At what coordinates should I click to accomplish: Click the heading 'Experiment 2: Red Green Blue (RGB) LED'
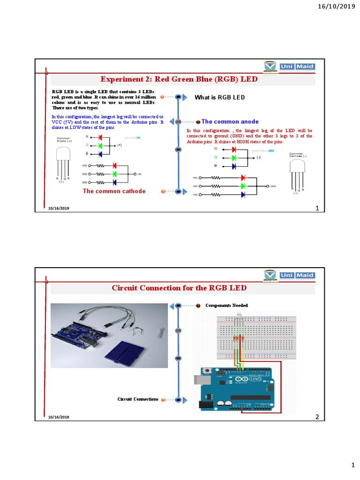[180, 79]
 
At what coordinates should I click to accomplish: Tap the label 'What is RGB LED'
[220, 97]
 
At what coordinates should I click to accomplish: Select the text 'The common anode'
[230, 121]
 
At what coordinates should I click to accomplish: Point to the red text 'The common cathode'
[114, 191]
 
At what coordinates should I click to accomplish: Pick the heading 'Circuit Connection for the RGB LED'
[180, 287]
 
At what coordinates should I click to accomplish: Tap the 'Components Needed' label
[226, 305]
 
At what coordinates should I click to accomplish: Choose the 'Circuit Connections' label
[138, 399]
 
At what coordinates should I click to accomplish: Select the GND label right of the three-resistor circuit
[273, 186]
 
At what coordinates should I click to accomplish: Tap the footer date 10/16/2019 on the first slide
[58, 208]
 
